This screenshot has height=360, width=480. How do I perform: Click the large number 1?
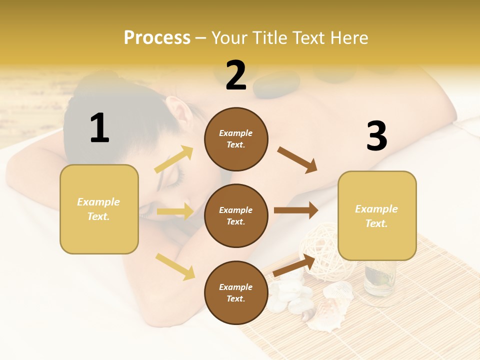[99, 128]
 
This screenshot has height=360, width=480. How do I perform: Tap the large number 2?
[235, 75]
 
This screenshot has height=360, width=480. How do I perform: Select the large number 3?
[376, 136]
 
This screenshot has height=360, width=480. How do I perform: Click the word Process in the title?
[157, 37]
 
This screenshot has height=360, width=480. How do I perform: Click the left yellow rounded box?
[99, 209]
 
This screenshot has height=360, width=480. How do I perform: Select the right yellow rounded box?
[377, 215]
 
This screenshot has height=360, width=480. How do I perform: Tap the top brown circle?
[236, 139]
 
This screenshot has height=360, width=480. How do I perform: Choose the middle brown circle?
[236, 215]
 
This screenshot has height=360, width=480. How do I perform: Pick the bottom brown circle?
[236, 292]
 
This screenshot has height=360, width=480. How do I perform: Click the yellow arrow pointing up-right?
[174, 159]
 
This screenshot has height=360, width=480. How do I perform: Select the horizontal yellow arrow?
[175, 211]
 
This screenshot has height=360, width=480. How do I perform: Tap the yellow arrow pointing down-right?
[175, 266]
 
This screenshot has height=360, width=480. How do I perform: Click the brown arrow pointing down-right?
[297, 159]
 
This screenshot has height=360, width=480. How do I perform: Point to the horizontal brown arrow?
[296, 210]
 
